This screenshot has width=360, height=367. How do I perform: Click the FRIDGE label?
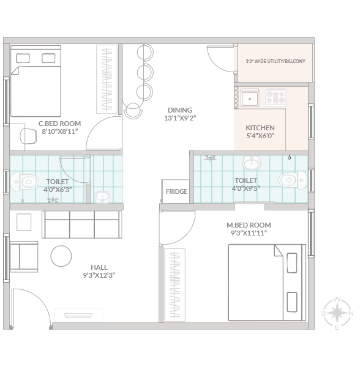(176, 191)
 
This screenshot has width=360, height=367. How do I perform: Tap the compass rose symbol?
(337, 313)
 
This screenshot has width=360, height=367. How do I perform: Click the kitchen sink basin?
(250, 98)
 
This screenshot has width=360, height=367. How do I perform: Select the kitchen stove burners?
(276, 97)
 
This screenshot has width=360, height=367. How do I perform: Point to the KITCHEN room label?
(260, 128)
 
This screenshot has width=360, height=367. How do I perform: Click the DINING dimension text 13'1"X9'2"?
(180, 118)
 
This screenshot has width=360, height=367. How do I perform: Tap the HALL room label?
(99, 267)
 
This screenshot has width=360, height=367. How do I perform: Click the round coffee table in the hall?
(61, 256)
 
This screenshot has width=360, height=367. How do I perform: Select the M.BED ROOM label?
(249, 225)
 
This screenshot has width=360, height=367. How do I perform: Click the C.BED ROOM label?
(60, 124)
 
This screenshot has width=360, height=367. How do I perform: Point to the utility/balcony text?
(276, 61)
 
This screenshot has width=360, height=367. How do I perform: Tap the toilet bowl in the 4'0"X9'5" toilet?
(293, 180)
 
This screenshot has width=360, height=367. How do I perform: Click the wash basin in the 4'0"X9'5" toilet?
(251, 163)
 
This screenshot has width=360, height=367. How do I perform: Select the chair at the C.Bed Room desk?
(28, 136)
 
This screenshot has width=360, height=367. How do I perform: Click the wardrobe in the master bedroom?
(174, 285)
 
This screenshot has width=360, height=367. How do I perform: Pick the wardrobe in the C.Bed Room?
(107, 79)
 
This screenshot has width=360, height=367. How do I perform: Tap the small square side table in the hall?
(24, 222)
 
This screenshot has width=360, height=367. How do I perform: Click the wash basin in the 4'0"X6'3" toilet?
(102, 196)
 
